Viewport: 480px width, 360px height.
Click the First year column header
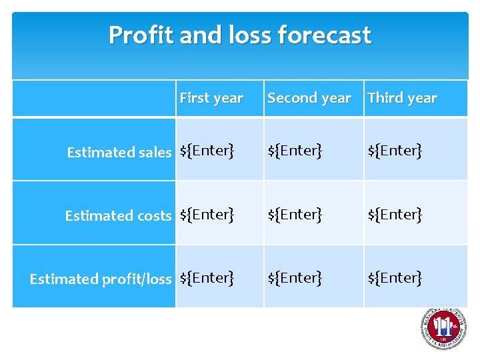pyautogui.click(x=211, y=98)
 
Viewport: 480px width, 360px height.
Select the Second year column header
pyautogui.click(x=309, y=98)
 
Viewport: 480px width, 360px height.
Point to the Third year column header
pyautogui.click(x=402, y=98)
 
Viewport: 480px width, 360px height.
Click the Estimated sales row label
pyautogui.click(x=119, y=152)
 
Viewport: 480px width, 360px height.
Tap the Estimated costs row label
pyautogui.click(x=118, y=215)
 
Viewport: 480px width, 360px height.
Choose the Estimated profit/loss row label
pyautogui.click(x=101, y=279)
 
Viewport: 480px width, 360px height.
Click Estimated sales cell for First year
pyautogui.click(x=207, y=151)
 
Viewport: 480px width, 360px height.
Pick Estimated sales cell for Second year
pyautogui.click(x=295, y=151)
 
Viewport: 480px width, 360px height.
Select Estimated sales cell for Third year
pyautogui.click(x=395, y=151)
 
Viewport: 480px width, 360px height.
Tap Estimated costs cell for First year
pyautogui.click(x=207, y=214)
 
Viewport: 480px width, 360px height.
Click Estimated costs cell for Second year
pyautogui.click(x=295, y=214)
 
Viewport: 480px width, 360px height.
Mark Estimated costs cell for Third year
pyautogui.click(x=395, y=214)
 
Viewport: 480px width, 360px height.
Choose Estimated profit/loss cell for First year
pyautogui.click(x=207, y=277)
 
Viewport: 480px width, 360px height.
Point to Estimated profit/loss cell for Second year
pyautogui.click(x=295, y=277)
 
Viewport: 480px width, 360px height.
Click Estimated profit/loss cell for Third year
pyautogui.click(x=395, y=277)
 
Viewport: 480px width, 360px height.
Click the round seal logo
pyautogui.click(x=443, y=329)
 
